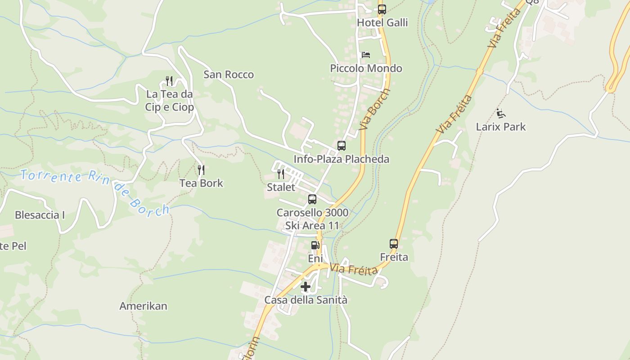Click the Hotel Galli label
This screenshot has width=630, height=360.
pos(382,22)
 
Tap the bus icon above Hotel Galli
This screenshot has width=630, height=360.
pos(382,9)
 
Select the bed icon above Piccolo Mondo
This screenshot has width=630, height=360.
pos(366,55)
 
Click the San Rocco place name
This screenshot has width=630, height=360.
pos(229,74)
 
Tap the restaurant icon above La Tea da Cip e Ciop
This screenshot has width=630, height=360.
pos(169,81)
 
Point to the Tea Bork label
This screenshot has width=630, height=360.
pos(201,183)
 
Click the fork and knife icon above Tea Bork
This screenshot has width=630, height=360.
pos(201,170)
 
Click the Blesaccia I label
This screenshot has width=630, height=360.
pos(40,215)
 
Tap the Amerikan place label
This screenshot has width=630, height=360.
pos(143,306)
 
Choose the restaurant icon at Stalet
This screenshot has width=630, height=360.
pos(281,174)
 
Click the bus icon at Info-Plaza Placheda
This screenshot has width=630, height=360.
pos(342,146)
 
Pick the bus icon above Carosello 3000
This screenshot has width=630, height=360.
pos(312,199)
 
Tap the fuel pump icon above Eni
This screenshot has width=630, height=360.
pos(315,245)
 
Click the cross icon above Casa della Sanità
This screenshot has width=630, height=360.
pos(306,287)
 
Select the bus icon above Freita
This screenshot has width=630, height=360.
pos(394,244)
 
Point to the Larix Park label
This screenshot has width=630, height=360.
pos(501,126)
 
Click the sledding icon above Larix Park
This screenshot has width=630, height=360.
pos(501,113)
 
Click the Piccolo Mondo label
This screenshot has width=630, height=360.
pos(366,68)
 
